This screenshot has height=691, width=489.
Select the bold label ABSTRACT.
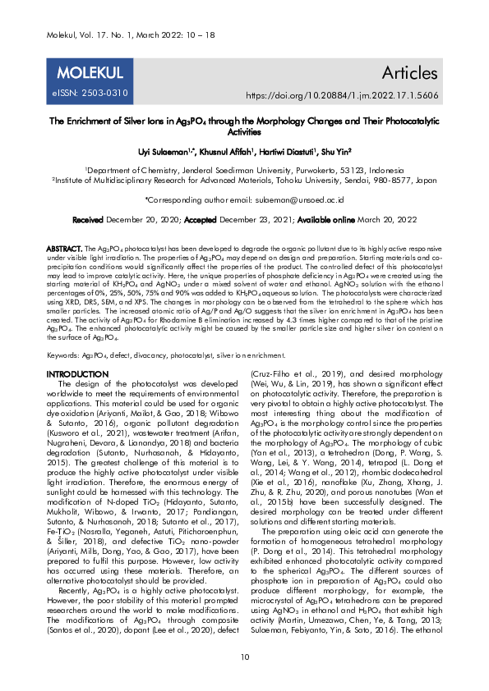coord(64,247)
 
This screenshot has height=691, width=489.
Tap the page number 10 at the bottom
coord(244,657)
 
